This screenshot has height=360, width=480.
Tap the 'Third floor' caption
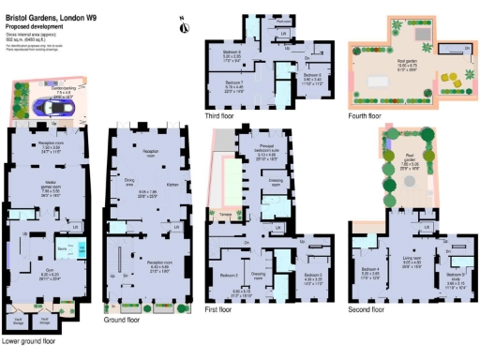point(221,116)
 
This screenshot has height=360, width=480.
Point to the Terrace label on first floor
point(225,215)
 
